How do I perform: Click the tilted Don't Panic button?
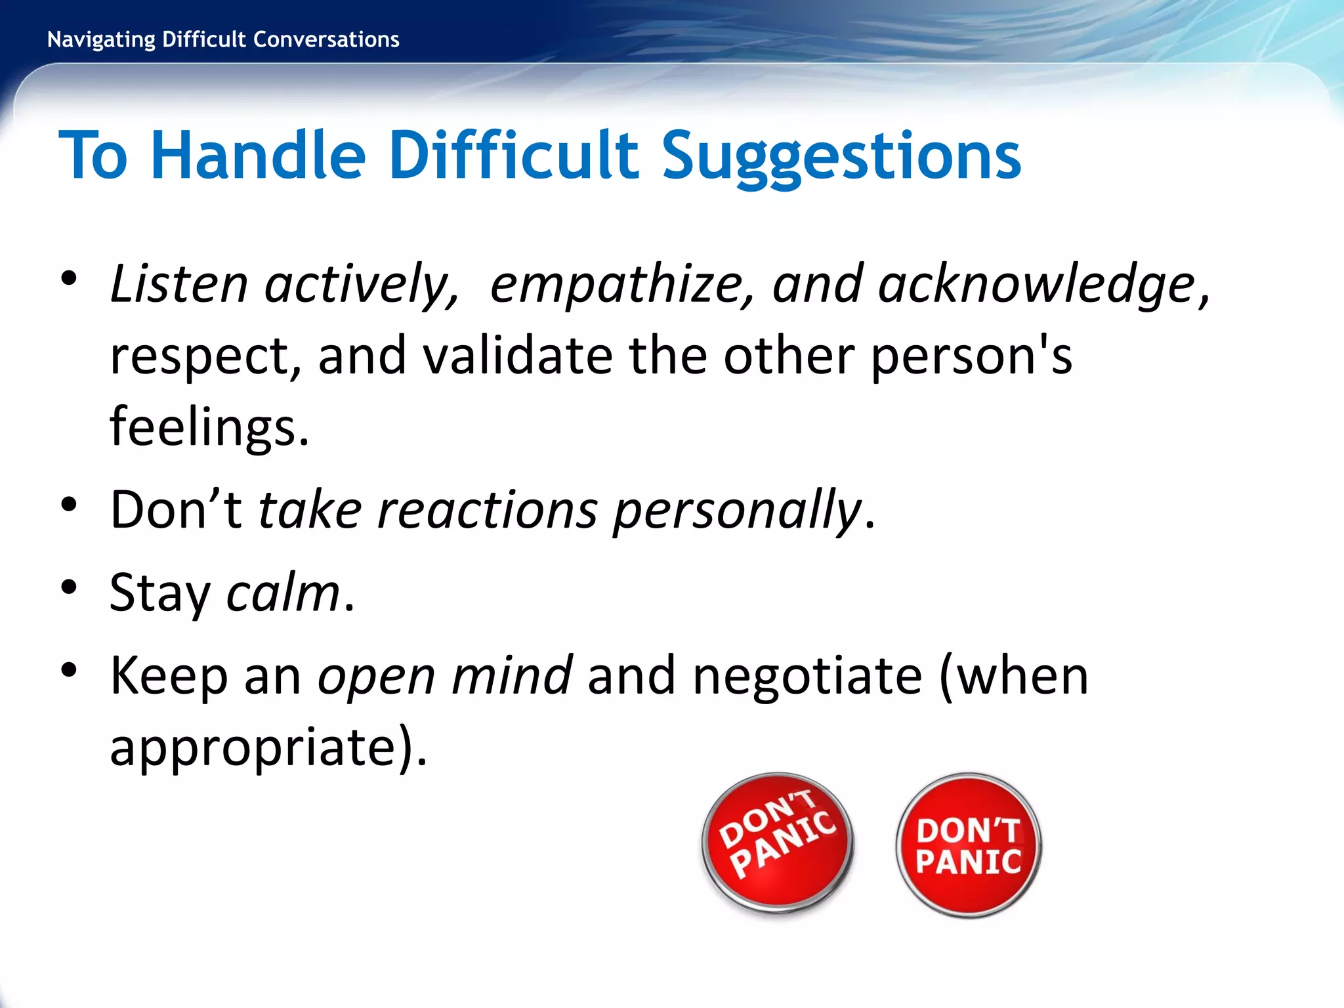pos(778,843)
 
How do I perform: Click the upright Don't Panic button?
pos(969,846)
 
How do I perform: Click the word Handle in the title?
pos(258,156)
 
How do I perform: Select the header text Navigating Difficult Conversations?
pos(223,40)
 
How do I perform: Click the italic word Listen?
pos(178,284)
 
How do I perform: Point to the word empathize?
pos(618,285)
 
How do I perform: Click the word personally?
pos(736,511)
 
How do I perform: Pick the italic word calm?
pos(283,593)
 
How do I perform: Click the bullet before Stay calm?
pos(69,586)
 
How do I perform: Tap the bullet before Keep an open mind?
pos(69,669)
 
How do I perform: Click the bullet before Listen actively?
pos(69,278)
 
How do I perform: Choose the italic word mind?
pos(511,675)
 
